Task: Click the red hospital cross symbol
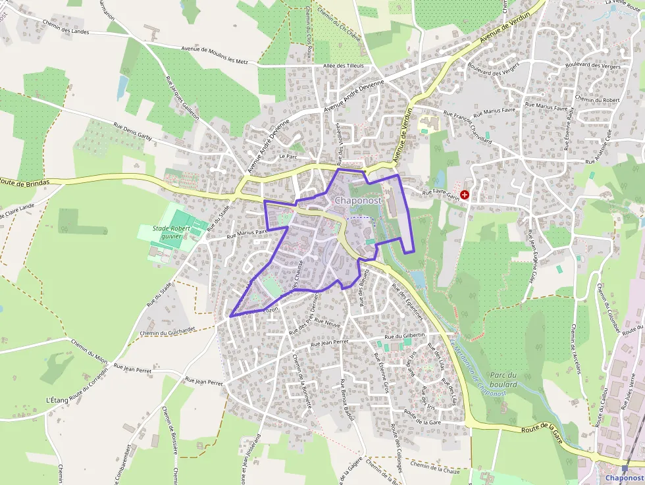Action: click(465, 195)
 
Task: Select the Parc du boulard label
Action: click(503, 380)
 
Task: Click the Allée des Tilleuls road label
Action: click(343, 66)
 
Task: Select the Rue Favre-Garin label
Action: click(440, 193)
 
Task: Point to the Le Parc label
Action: click(289, 157)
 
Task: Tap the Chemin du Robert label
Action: click(598, 99)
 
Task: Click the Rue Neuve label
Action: click(326, 322)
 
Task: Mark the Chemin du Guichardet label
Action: click(168, 332)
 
